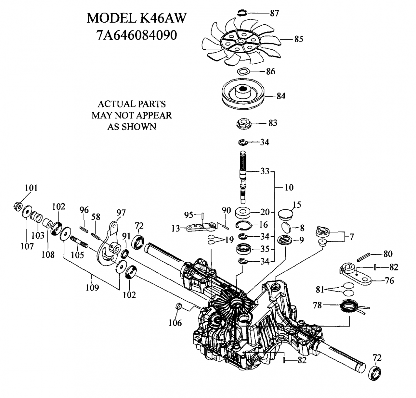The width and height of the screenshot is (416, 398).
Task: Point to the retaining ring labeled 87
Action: (x=242, y=13)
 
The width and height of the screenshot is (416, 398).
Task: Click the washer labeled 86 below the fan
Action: (x=243, y=71)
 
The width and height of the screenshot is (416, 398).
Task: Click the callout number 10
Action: (x=289, y=187)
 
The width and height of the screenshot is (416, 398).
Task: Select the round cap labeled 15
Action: (x=286, y=215)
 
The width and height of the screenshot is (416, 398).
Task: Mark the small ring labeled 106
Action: (x=178, y=306)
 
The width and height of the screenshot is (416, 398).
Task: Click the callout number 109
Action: (x=92, y=288)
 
